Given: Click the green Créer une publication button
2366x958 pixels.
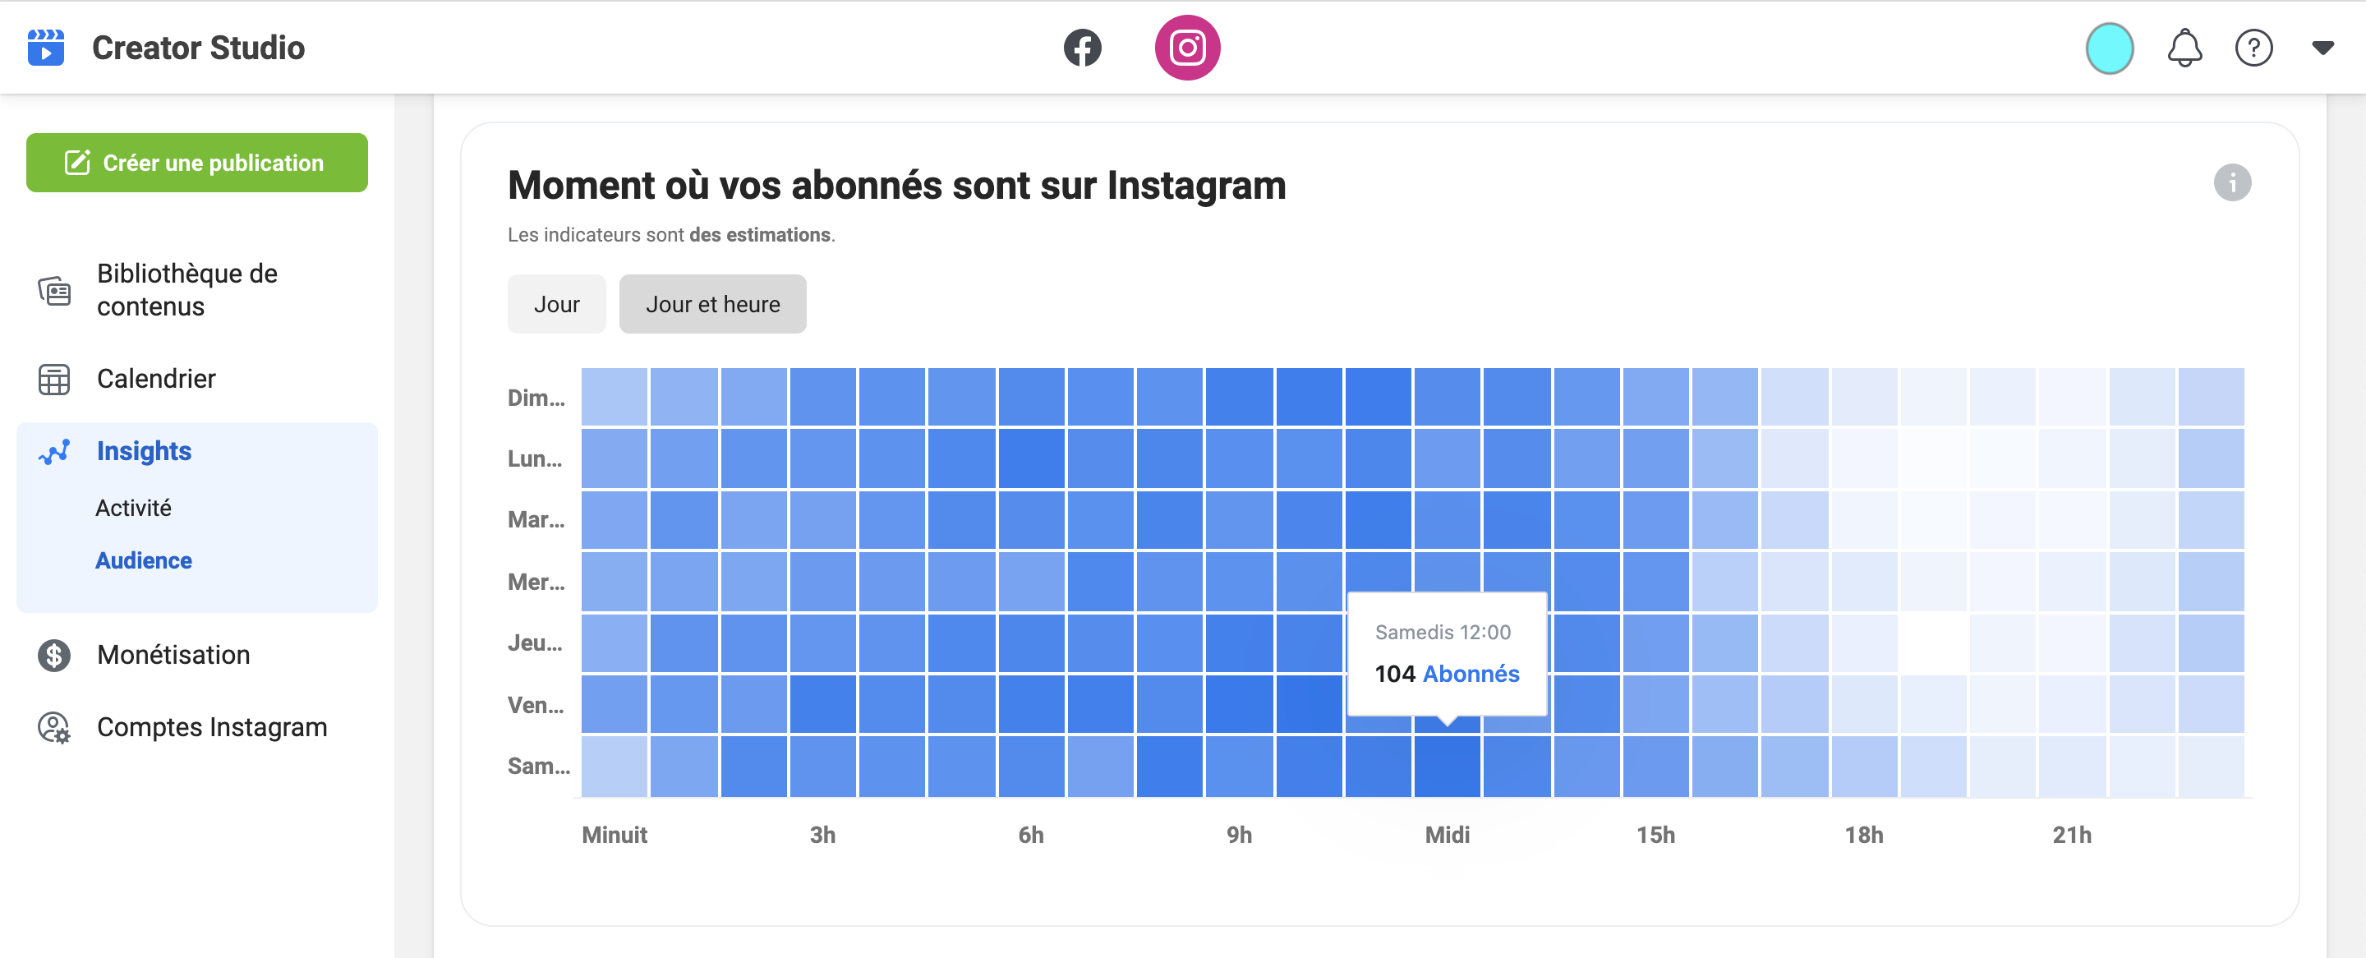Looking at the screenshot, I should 196,163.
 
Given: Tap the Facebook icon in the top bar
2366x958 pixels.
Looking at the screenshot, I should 1082,48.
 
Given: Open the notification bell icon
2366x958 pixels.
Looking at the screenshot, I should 2184,48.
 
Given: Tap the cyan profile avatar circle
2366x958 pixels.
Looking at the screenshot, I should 2109,48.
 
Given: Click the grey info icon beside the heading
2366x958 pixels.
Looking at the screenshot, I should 2231,182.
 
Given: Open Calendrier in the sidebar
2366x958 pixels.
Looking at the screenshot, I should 156,379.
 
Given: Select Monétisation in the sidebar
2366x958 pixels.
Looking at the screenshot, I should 173,655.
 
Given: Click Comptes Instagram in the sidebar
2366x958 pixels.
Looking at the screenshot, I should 211,727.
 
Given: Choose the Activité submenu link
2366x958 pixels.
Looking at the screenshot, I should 133,508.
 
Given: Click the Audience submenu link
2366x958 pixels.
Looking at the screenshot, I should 143,560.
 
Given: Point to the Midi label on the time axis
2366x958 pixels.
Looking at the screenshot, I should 1447,835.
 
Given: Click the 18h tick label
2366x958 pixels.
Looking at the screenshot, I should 1862,835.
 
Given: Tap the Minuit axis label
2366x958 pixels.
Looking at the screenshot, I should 614,835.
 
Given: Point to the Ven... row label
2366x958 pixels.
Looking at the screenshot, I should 536,706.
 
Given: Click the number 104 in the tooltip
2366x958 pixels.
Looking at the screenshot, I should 1394,675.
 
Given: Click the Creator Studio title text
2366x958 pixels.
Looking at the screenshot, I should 197,48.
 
